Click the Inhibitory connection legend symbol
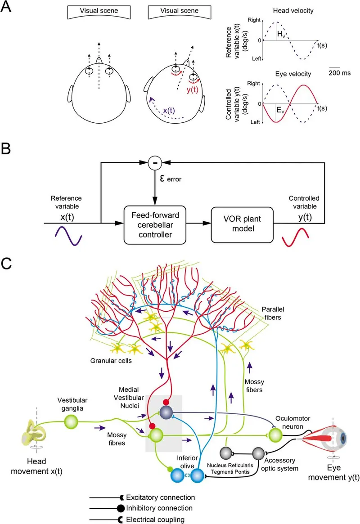pyautogui.click(x=121, y=508)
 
